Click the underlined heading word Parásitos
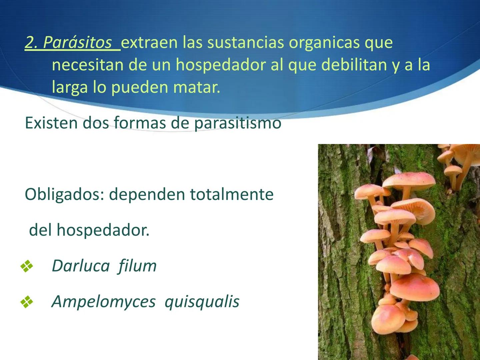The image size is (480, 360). click(77, 43)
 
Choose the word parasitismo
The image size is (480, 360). click(238, 123)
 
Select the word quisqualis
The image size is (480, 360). click(202, 302)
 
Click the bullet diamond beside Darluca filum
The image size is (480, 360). click(27, 266)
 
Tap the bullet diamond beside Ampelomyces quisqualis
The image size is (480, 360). click(27, 302)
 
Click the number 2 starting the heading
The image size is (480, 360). click(30, 43)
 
